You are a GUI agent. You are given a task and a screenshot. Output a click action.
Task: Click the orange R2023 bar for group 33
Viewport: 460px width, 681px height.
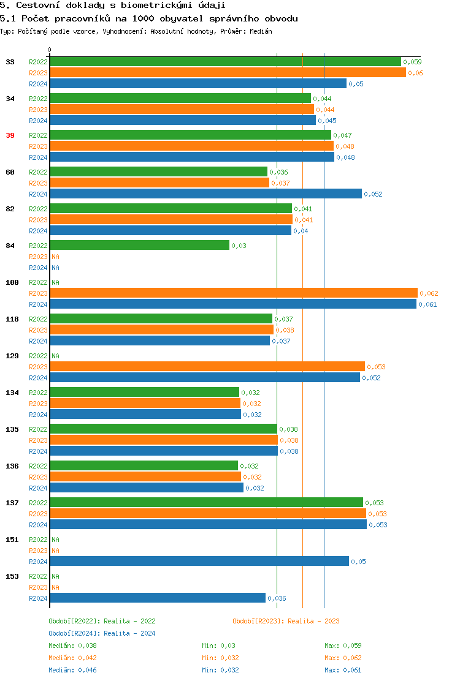pos(228,73)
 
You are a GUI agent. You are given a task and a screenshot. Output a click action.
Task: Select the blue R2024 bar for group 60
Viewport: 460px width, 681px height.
pos(205,194)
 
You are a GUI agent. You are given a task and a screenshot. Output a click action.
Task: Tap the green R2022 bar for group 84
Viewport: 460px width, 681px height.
pos(139,246)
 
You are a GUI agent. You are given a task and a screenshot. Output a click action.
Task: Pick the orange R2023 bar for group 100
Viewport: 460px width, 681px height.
pos(233,293)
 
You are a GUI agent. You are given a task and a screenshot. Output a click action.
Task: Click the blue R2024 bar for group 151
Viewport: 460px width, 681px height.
pos(199,562)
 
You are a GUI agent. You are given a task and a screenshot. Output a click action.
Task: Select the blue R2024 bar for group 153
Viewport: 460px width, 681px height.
pos(158,598)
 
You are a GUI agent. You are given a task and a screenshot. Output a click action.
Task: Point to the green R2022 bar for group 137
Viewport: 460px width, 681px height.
pos(206,503)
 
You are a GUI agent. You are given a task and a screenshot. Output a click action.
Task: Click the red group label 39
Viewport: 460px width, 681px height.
pos(10,135)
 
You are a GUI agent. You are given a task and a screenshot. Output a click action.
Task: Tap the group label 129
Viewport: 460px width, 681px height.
pos(12,356)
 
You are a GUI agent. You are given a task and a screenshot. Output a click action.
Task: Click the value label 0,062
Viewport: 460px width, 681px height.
pos(429,293)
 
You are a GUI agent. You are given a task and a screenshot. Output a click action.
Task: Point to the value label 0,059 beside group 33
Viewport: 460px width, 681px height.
pos(412,62)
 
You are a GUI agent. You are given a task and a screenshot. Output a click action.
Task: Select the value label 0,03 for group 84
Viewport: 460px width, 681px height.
pos(239,246)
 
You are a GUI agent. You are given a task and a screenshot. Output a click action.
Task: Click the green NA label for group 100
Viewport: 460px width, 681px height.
pos(55,282)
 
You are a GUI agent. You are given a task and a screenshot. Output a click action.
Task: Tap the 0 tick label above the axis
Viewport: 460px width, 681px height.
pos(50,50)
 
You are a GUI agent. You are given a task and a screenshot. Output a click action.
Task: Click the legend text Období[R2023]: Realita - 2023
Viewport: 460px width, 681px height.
pos(286,621)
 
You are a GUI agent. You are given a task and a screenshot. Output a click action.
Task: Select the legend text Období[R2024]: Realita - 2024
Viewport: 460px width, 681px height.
pos(102,633)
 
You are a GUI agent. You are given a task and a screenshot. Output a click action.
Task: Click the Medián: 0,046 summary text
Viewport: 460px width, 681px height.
pos(72,670)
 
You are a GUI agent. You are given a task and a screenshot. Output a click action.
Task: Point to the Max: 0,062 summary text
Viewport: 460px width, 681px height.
pos(343,658)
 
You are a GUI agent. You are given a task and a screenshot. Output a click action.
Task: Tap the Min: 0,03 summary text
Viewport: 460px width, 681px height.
pos(218,645)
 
